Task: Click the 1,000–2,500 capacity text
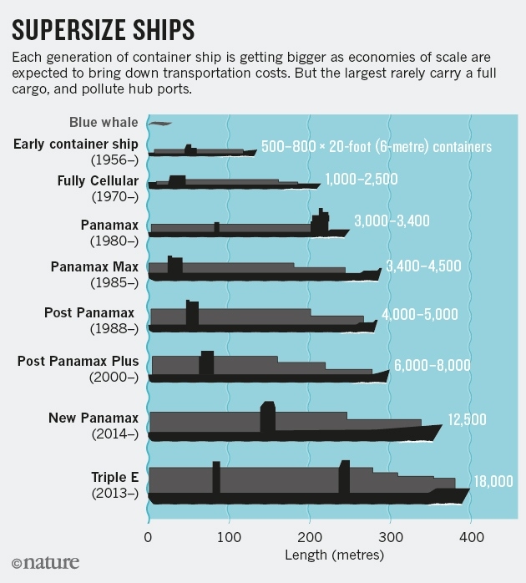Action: click(x=361, y=180)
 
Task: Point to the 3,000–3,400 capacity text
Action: click(x=392, y=221)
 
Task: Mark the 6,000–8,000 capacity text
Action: click(x=432, y=365)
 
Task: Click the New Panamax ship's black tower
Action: click(x=267, y=418)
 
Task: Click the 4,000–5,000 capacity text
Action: click(x=419, y=315)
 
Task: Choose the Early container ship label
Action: click(x=75, y=151)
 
